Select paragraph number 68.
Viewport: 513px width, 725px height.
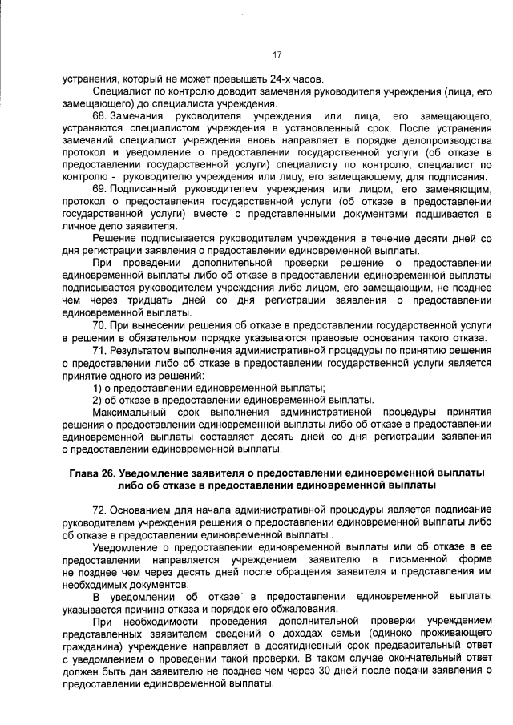[100, 117]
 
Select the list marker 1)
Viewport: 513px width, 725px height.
[97, 387]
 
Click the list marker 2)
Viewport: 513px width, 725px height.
[97, 399]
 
